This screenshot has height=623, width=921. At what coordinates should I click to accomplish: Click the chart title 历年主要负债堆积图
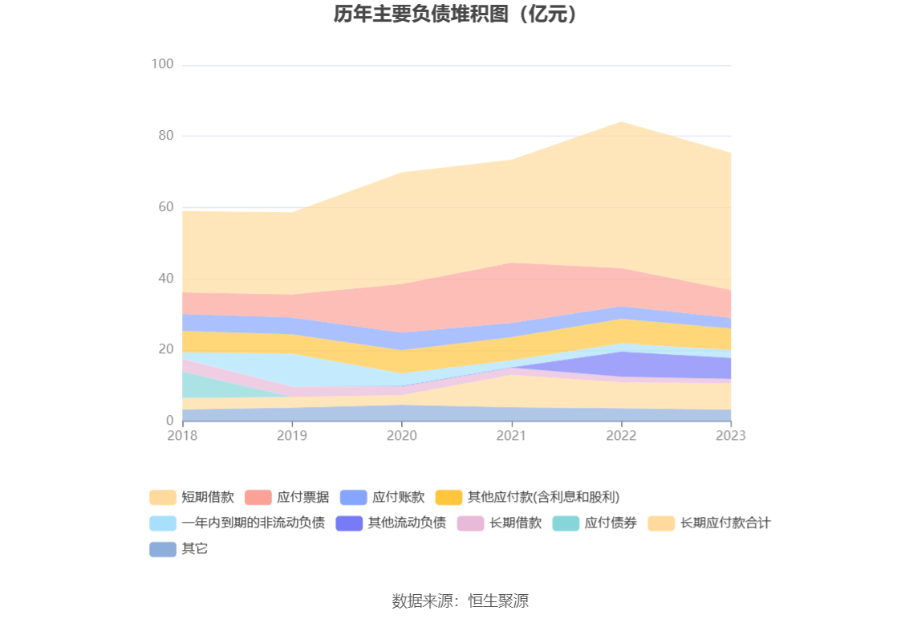click(x=456, y=14)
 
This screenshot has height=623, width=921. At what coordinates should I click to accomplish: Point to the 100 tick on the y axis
click(x=163, y=64)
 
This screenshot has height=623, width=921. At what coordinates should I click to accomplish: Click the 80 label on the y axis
click(x=165, y=136)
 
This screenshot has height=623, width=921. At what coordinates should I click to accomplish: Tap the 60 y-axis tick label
click(x=165, y=207)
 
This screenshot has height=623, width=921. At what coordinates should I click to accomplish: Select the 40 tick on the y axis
click(x=165, y=279)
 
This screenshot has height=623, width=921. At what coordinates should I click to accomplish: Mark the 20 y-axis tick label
click(x=165, y=349)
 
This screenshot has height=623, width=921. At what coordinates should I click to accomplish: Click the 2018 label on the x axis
click(x=182, y=435)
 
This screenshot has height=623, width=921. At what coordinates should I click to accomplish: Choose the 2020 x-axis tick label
click(x=402, y=435)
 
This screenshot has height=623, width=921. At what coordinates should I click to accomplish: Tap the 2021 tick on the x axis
click(x=511, y=435)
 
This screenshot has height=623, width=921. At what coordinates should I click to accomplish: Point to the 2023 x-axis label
click(x=731, y=435)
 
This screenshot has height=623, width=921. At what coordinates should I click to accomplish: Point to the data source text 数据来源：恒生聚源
click(x=460, y=601)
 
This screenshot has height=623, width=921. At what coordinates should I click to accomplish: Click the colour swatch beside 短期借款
click(x=163, y=497)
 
